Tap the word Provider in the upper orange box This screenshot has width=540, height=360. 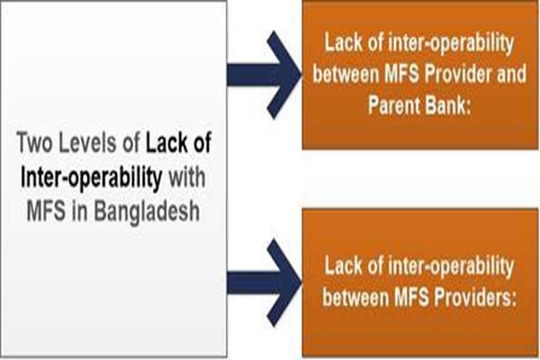pyautogui.click(x=449, y=74)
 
